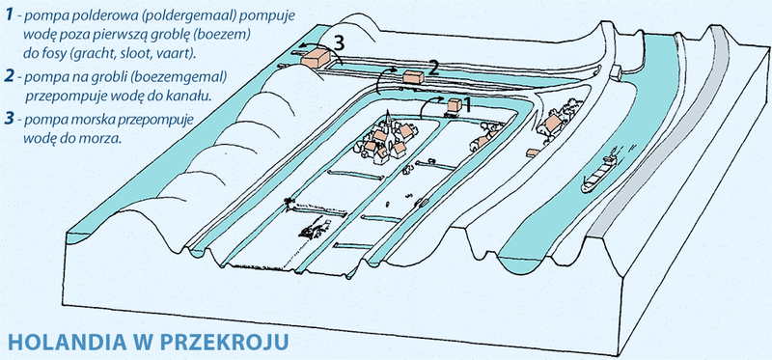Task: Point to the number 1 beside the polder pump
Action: point(470,100)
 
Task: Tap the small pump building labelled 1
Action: point(452,108)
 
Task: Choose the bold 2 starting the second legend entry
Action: point(9,76)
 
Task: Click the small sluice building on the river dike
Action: point(615,70)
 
